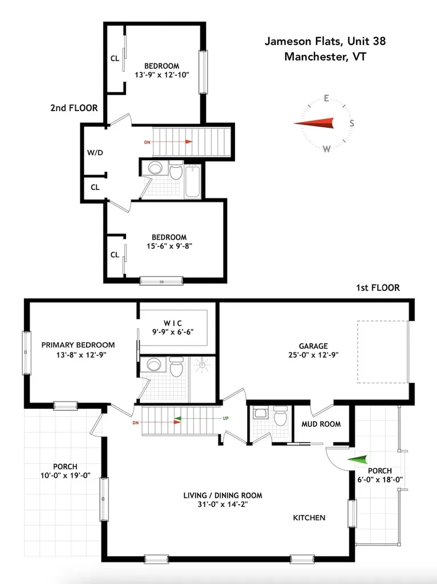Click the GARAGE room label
click(313, 346)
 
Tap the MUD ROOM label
click(321, 424)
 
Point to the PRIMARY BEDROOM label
click(78, 344)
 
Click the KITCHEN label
click(309, 518)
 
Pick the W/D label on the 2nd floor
click(95, 152)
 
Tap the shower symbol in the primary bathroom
click(203, 365)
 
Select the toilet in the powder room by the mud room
click(280, 418)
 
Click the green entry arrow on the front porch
click(358, 459)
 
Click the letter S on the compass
click(352, 123)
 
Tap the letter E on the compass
click(326, 98)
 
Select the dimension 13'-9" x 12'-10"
click(161, 75)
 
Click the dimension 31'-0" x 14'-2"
click(223, 504)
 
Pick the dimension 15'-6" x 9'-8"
click(169, 246)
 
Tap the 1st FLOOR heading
click(377, 288)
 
